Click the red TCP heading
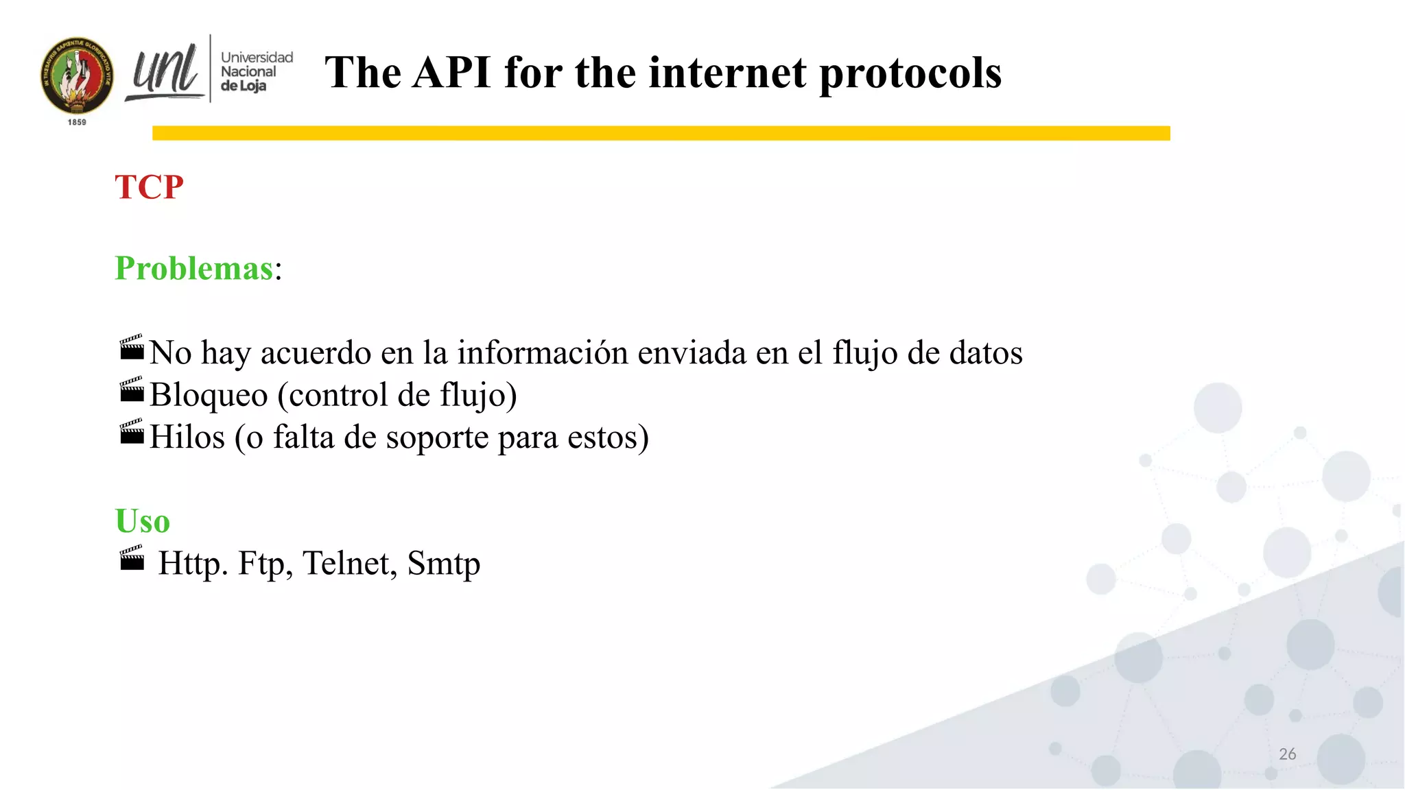[149, 187]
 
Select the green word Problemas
[194, 268]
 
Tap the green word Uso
[142, 521]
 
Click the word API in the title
[451, 73]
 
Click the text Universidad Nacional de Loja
[255, 71]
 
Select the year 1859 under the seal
[77, 122]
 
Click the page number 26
[1287, 754]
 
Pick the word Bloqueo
[209, 395]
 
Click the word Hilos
[187, 437]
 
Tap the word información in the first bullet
[543, 352]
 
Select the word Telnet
[349, 563]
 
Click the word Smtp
[443, 564]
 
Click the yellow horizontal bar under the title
[661, 133]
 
